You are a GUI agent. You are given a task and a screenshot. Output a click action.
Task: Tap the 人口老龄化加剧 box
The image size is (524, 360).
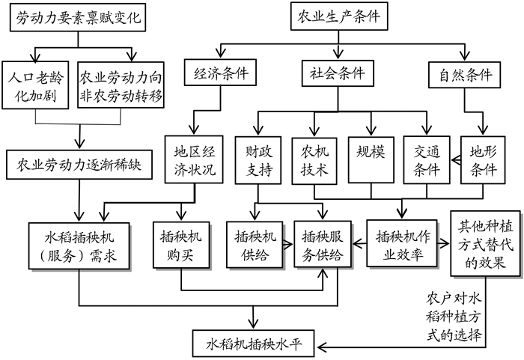pos(36,87)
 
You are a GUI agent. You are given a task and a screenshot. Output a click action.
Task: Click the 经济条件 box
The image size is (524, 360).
pos(219,73)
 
